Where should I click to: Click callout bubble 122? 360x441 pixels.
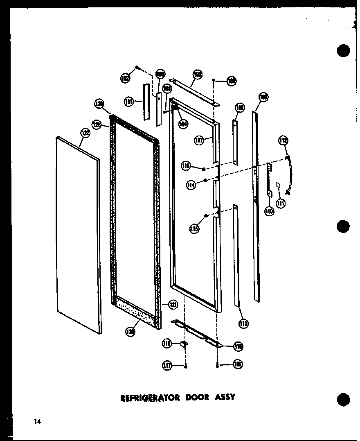click(x=85, y=132)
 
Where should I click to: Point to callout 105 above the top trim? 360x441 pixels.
click(x=198, y=75)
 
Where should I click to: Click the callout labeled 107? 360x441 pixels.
click(x=199, y=141)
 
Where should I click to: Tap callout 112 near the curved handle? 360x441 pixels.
click(x=283, y=141)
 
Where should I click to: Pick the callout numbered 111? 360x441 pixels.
click(x=280, y=203)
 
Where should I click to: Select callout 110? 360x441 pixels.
click(x=269, y=212)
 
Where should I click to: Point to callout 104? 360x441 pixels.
click(x=183, y=123)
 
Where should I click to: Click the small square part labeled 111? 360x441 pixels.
click(x=277, y=185)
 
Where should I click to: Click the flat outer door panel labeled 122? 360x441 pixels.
click(x=78, y=233)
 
